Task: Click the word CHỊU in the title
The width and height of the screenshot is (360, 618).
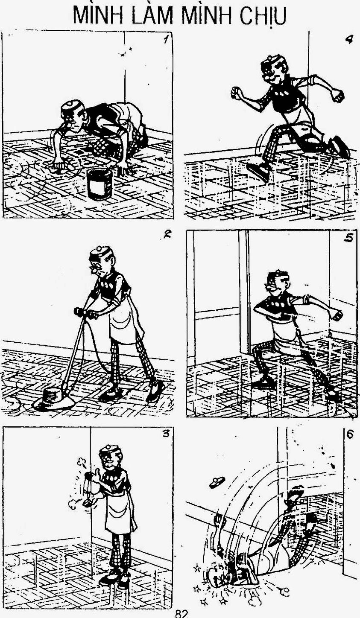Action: [x=263, y=15]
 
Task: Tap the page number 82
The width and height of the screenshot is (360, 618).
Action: [x=181, y=614]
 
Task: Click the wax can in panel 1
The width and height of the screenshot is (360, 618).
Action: [x=100, y=184]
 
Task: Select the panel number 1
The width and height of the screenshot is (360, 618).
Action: [x=165, y=40]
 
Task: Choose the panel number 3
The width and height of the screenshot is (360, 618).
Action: [x=165, y=433]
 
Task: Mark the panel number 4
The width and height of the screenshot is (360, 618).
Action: [x=349, y=40]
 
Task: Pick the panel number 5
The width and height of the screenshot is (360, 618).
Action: [x=348, y=238]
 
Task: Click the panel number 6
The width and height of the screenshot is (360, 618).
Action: [x=349, y=434]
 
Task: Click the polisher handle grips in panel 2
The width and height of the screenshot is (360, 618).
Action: [x=85, y=313]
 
